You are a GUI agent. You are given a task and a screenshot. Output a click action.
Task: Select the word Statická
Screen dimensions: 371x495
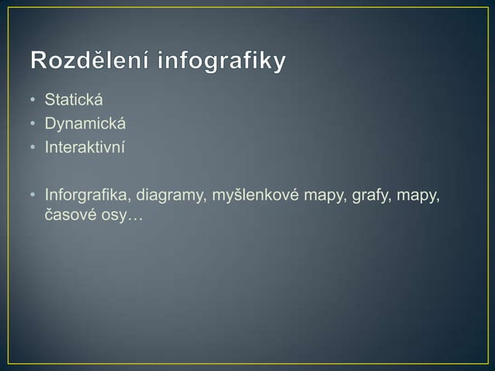[x=74, y=101]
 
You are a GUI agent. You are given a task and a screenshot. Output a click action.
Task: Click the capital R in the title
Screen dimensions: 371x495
[x=40, y=61]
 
